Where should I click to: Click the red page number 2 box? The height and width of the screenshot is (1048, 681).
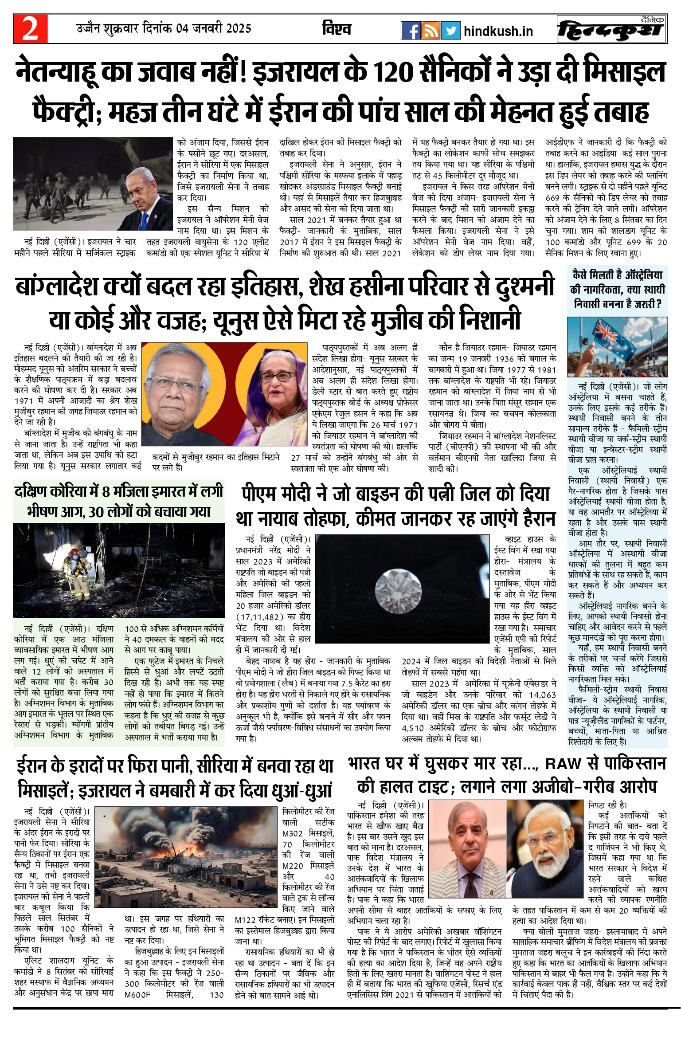pos(30,29)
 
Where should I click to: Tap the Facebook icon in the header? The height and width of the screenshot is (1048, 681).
pos(411,31)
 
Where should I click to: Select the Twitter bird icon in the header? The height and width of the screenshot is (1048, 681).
pos(450,31)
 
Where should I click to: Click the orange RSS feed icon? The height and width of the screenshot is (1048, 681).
pos(431,31)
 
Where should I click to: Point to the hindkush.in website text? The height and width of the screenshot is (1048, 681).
pos(498,31)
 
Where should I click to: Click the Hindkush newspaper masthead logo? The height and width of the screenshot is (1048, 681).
pos(612,29)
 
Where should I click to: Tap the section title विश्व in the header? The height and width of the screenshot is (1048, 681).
pos(337,29)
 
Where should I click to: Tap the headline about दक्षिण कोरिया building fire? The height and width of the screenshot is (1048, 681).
pos(119,502)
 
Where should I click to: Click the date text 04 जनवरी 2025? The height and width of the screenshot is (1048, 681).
pos(214,29)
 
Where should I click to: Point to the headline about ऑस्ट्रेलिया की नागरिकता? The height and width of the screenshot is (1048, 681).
pos(617,289)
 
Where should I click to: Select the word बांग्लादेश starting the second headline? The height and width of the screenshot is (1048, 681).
pos(56,287)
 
